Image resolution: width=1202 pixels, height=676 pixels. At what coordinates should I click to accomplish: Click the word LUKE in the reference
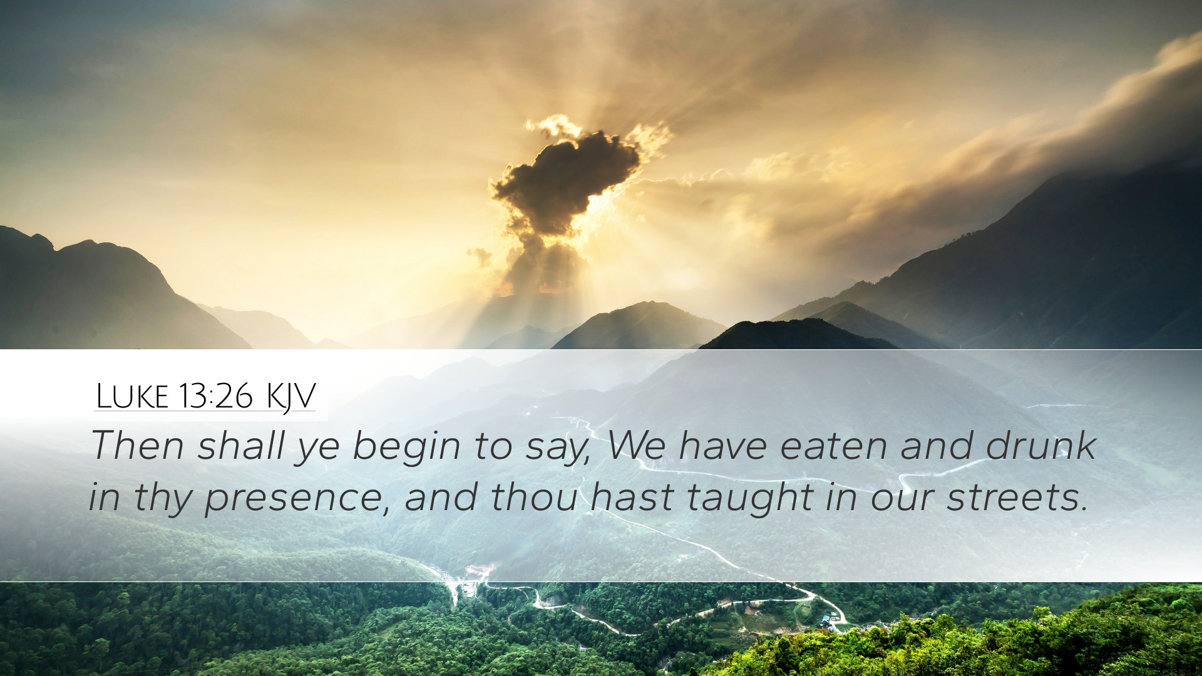tap(132, 396)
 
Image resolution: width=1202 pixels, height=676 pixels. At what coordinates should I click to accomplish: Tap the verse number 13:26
tap(215, 396)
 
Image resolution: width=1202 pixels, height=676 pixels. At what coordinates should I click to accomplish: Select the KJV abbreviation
tap(290, 397)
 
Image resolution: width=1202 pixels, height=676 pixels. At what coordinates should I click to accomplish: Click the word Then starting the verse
tap(138, 446)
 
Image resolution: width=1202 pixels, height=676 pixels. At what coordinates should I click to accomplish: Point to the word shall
tap(242, 446)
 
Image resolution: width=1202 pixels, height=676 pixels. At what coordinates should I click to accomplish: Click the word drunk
tap(1040, 446)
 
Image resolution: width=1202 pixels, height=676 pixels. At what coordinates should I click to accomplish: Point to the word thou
tap(534, 497)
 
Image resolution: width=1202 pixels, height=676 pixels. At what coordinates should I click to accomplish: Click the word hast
tap(632, 497)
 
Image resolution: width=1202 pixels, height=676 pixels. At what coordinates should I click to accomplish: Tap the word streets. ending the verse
tap(1017, 498)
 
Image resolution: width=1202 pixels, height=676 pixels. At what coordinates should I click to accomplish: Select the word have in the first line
tap(722, 446)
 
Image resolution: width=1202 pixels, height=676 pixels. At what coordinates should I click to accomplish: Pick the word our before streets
tap(902, 501)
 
